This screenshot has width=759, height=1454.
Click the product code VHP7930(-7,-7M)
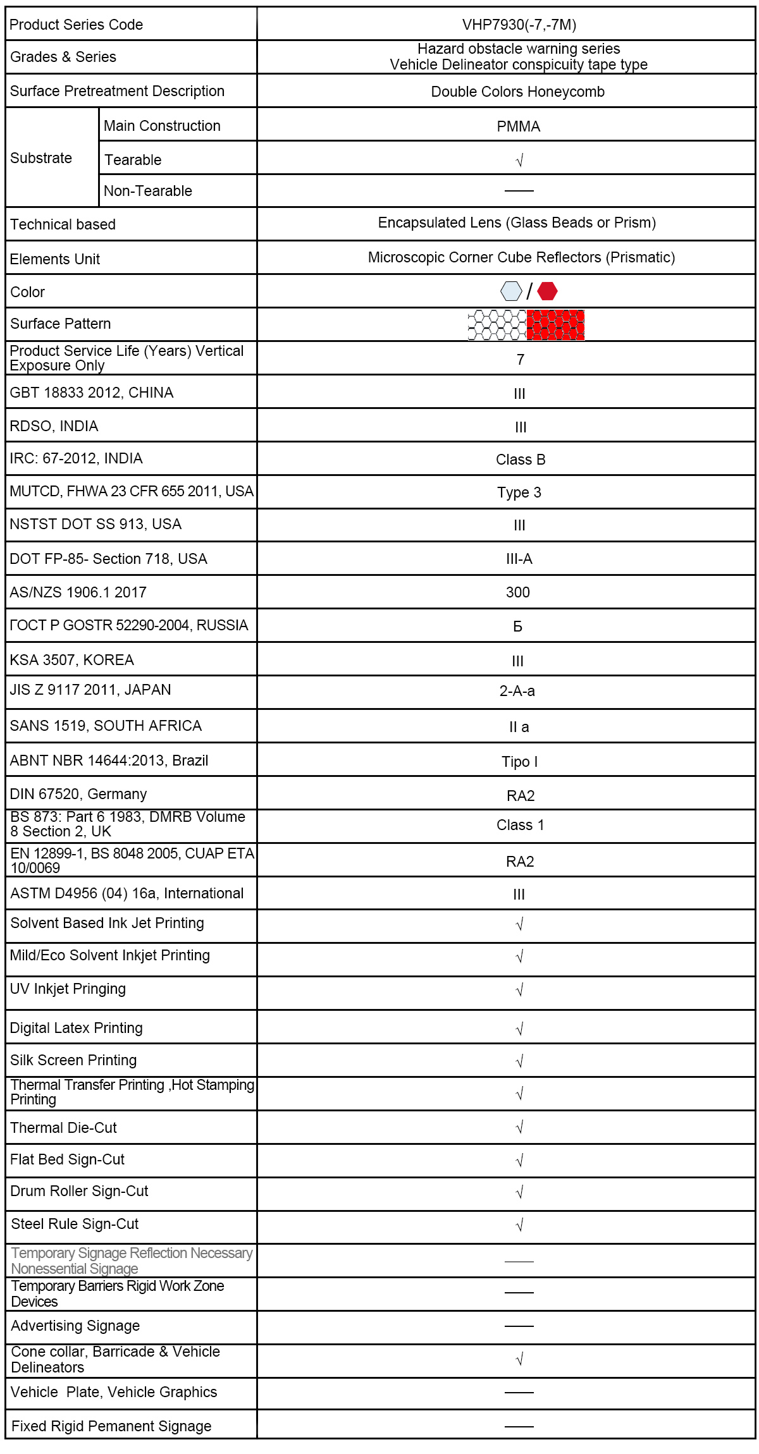click(x=519, y=25)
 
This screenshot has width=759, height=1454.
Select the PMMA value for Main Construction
click(x=518, y=126)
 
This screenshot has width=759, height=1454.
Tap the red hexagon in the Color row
click(x=547, y=291)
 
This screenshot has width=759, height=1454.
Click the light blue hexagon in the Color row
click(x=511, y=291)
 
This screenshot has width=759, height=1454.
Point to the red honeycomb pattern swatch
click(x=555, y=325)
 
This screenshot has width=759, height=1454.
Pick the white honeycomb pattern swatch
click(x=497, y=325)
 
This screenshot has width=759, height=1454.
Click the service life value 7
click(x=520, y=360)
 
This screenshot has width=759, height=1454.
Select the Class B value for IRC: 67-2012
click(x=520, y=460)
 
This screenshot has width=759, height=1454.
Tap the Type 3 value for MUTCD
click(x=519, y=492)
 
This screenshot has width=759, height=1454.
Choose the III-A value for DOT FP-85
click(x=519, y=559)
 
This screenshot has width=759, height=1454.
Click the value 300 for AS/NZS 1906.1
click(x=517, y=592)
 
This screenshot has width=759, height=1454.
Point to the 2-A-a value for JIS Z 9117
click(x=517, y=691)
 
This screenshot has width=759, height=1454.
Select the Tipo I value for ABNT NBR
click(x=519, y=762)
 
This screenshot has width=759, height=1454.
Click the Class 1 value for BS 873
click(x=520, y=825)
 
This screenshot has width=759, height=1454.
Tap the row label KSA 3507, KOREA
click(x=71, y=660)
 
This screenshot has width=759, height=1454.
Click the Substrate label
click(x=41, y=158)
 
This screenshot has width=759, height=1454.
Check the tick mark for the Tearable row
click(x=519, y=161)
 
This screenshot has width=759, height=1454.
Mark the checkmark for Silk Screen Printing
click(x=519, y=1061)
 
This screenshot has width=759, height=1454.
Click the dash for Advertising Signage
click(x=519, y=1326)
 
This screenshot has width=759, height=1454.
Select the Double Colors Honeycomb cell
click(x=517, y=92)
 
